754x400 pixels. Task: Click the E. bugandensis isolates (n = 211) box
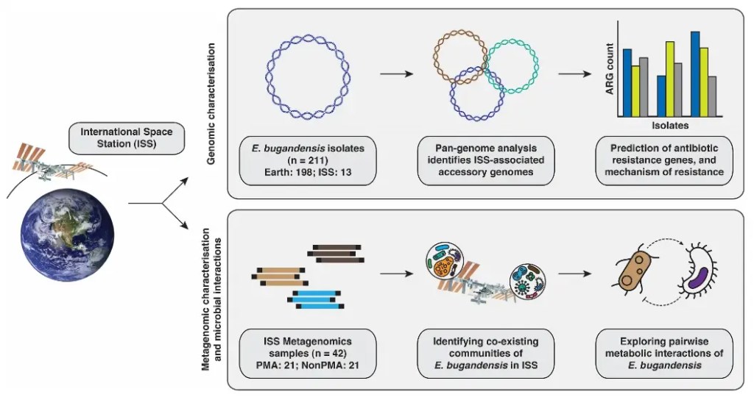pyautogui.click(x=309, y=159)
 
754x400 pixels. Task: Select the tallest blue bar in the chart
pyautogui.click(x=695, y=74)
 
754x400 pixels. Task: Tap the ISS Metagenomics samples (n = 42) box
pyautogui.click(x=309, y=354)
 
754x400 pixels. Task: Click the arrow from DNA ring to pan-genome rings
pyautogui.click(x=396, y=74)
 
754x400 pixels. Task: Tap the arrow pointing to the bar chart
pyautogui.click(x=577, y=74)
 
